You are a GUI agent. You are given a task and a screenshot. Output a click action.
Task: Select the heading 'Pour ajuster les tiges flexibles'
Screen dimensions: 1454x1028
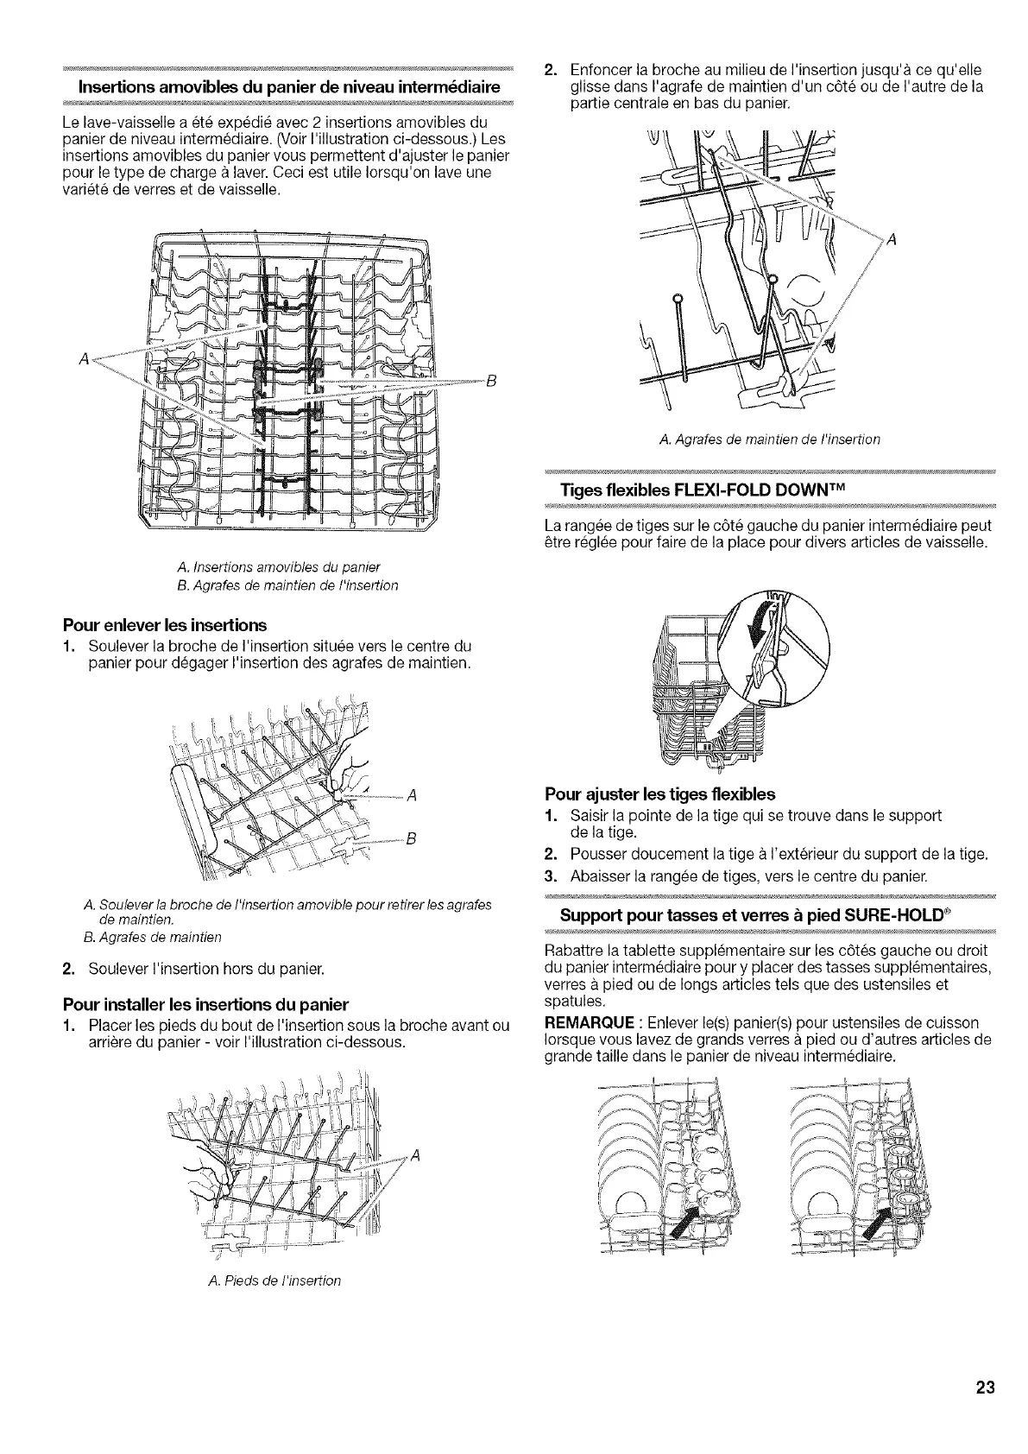pos(660,793)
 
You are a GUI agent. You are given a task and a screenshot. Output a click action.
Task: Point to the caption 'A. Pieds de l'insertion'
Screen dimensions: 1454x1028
pos(274,1280)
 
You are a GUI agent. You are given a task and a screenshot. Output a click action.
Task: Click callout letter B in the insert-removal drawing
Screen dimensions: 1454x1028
pos(411,838)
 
